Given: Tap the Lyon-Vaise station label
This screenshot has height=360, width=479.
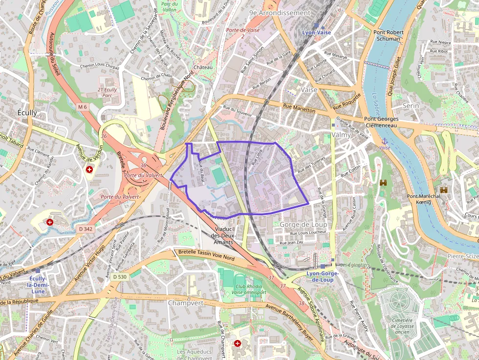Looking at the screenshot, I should [x=316, y=32].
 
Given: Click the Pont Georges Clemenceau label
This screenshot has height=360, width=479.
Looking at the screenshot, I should [x=381, y=122].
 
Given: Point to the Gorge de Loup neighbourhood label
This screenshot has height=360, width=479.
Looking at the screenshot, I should [x=304, y=224].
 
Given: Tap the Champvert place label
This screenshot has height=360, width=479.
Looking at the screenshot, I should [x=185, y=303].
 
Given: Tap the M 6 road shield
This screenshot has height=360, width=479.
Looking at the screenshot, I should [x=82, y=106].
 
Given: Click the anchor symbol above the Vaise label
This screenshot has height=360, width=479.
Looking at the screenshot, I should [x=384, y=141].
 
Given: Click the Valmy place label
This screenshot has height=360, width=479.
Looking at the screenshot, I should [x=341, y=134].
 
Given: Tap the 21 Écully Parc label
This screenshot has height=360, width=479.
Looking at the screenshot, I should [x=107, y=92].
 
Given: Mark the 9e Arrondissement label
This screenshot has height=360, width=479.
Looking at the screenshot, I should [x=280, y=13].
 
